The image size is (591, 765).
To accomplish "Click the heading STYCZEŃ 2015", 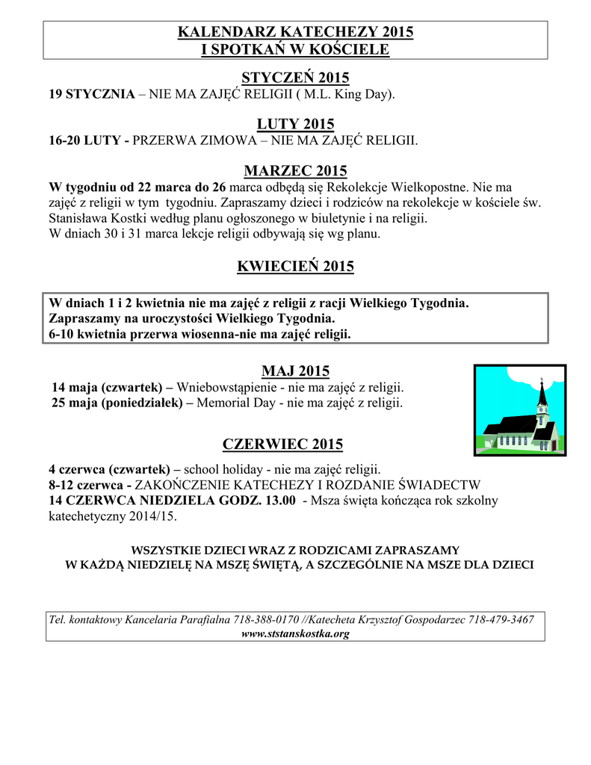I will tap(295, 78).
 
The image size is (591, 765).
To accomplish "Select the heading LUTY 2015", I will tap(295, 124).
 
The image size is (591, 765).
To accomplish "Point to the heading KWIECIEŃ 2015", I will tap(295, 266).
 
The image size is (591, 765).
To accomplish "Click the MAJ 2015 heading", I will tap(295, 371).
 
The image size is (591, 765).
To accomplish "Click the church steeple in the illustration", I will tap(542, 400).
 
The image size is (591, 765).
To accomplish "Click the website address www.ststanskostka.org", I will tap(296, 634).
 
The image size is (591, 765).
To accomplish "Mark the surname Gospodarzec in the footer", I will tap(427, 620).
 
